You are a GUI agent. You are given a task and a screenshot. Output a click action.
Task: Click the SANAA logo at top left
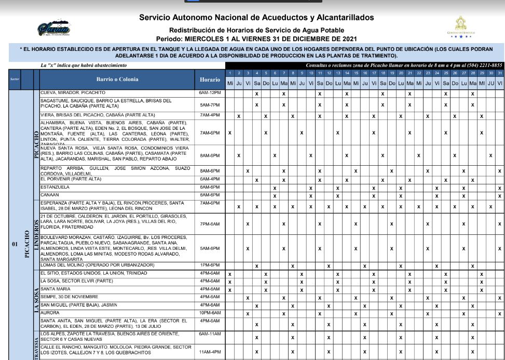point(53,29)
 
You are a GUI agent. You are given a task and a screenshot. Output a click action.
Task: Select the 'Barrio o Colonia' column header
point(118,79)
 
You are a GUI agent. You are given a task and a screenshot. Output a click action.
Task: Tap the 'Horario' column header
point(210,79)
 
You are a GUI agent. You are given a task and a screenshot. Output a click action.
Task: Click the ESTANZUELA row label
point(55,187)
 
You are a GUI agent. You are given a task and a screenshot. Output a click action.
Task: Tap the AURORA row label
point(50,313)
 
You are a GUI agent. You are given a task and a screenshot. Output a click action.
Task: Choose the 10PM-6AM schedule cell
point(210,313)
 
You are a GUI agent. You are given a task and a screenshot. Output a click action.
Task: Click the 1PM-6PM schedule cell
point(210,265)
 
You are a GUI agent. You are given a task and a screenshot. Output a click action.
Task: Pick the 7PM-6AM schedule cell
point(210,223)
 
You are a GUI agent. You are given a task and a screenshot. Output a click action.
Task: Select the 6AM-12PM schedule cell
point(210,92)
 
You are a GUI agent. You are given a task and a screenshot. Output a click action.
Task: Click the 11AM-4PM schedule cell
point(210,352)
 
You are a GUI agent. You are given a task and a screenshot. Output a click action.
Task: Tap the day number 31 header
point(499,73)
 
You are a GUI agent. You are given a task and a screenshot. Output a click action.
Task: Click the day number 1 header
point(230,73)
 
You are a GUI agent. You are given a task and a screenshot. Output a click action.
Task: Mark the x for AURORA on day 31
point(499,314)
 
